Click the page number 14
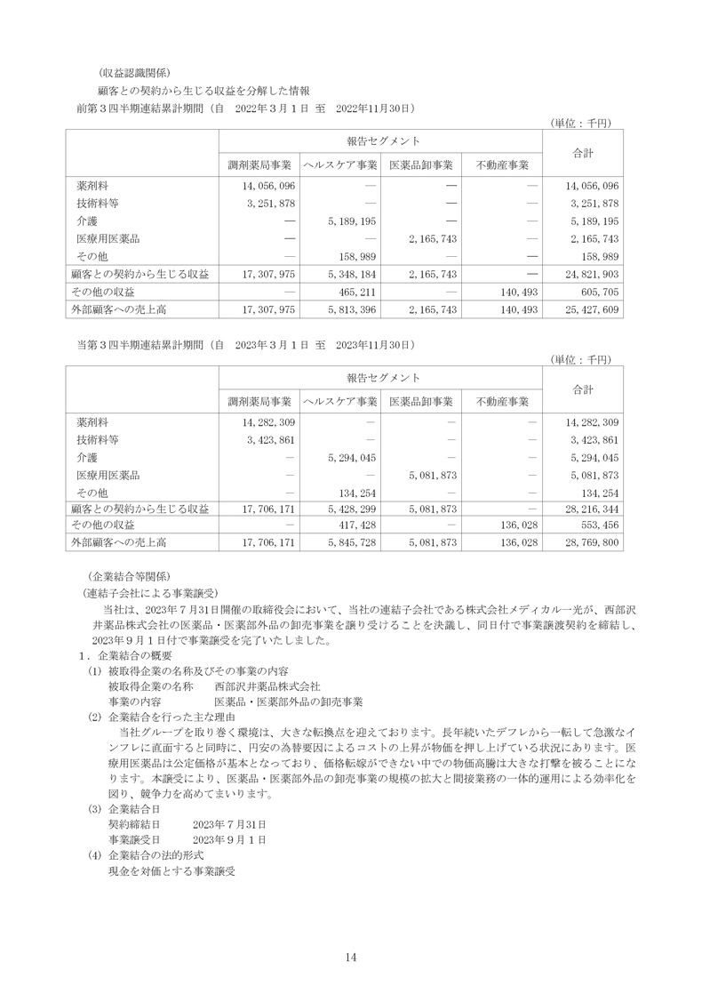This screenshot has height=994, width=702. [351, 957]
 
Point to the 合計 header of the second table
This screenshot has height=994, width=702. [583, 389]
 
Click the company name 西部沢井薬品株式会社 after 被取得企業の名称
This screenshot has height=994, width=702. [267, 686]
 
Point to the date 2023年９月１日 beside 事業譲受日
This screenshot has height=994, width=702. [229, 839]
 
